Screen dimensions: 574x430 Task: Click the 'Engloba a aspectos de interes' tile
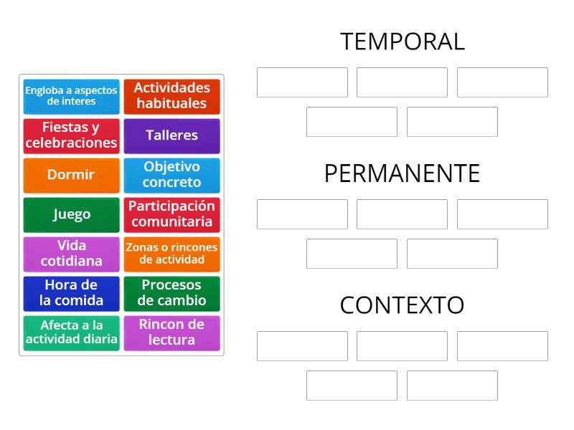click(x=71, y=96)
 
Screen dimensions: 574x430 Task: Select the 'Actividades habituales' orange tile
click(x=171, y=96)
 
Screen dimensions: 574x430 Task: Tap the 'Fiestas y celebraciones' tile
click(x=71, y=135)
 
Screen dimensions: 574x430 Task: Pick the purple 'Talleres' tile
click(x=171, y=135)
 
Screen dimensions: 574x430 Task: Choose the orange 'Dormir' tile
click(x=71, y=175)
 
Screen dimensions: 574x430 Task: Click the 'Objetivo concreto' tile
click(x=171, y=175)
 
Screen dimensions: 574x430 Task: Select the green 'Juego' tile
click(x=71, y=214)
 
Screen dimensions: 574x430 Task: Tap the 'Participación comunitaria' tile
click(x=171, y=214)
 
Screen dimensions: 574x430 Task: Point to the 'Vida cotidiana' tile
click(x=71, y=254)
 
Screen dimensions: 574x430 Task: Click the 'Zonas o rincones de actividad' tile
click(x=171, y=254)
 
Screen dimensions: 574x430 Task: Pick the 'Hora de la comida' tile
click(x=71, y=293)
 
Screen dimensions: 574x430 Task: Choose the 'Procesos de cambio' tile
click(x=171, y=293)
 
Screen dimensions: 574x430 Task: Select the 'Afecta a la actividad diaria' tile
click(x=71, y=333)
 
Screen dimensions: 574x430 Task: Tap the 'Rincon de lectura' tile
click(x=171, y=333)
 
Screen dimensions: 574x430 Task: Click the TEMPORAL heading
click(x=402, y=42)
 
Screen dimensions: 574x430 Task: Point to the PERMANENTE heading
click(x=402, y=173)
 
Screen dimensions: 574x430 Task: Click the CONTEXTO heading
click(x=402, y=305)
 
